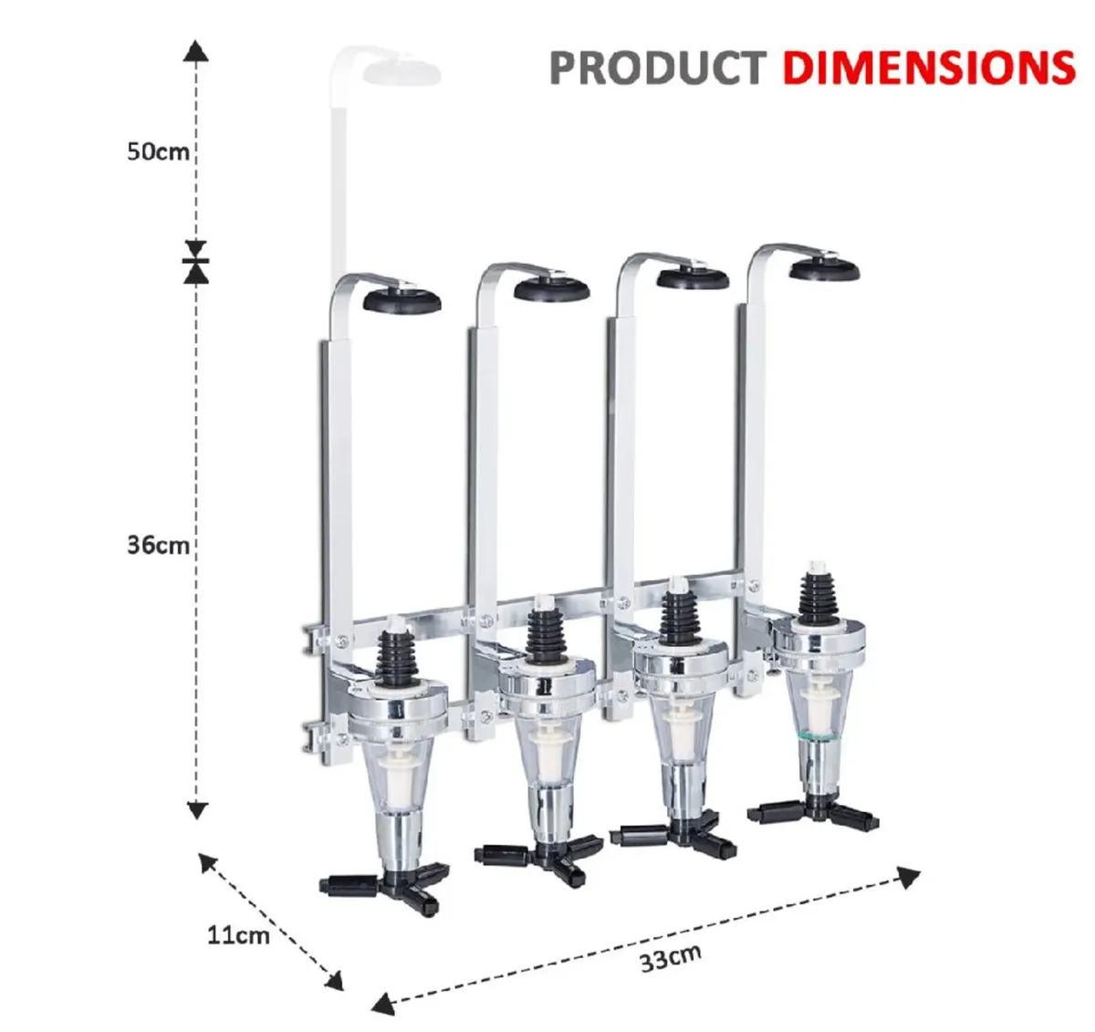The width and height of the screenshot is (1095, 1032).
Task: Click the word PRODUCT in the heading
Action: (x=656, y=68)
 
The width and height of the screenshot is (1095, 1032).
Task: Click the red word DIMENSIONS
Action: (x=928, y=68)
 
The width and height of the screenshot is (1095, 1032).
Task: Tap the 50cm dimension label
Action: (x=158, y=151)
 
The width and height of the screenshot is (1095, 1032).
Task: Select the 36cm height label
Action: (x=158, y=546)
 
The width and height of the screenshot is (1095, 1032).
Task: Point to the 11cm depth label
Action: (x=238, y=935)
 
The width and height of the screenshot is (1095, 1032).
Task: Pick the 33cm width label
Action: (x=671, y=957)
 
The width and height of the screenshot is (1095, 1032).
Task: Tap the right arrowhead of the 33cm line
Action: (x=908, y=878)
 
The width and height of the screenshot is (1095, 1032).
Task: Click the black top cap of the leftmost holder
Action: (x=401, y=299)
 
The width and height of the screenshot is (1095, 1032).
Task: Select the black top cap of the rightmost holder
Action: (x=825, y=268)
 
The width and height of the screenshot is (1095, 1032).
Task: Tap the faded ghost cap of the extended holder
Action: (x=401, y=71)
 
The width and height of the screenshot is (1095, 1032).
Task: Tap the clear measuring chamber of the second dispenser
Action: (x=544, y=754)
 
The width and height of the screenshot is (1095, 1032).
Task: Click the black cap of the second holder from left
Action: (x=551, y=289)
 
